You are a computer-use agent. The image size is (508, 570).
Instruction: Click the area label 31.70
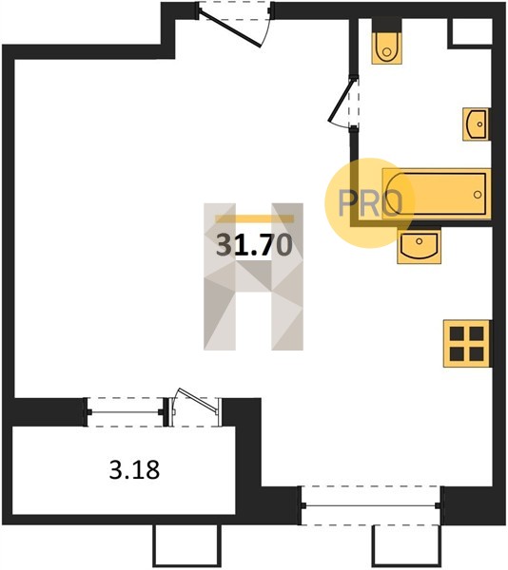pos(254,245)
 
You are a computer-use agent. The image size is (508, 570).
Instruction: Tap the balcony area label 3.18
pos(134,469)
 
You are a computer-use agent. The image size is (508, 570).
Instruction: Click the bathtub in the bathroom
pos(437,194)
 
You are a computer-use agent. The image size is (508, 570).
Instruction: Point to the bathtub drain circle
pos(478,195)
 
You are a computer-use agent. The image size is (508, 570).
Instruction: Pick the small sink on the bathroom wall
pos(476,123)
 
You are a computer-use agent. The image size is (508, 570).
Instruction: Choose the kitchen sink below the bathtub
pos(419,246)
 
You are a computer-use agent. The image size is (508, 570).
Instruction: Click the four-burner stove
pos(467,344)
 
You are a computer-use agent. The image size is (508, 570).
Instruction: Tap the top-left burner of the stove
pos(457,333)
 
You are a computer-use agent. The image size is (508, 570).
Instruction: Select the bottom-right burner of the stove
pos(477,353)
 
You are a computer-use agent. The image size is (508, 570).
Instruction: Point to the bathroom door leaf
pos(341,100)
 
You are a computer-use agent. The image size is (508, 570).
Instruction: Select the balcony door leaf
pos(198,401)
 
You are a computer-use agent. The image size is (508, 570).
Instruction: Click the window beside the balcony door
pos(125,412)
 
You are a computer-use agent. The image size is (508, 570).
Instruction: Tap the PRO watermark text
pos(370,203)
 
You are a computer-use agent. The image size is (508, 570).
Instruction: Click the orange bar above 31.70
pos(254,218)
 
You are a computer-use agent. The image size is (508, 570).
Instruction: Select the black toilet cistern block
pos(387,25)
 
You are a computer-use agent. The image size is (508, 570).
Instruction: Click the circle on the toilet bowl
pos(387,52)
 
